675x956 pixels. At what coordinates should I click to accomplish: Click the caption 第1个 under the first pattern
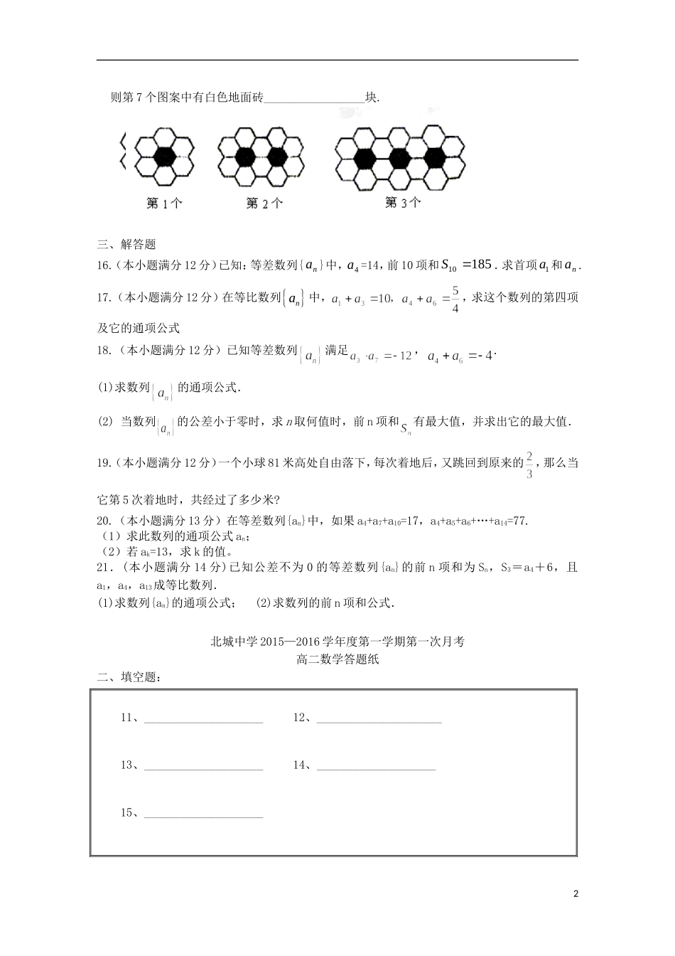(164, 203)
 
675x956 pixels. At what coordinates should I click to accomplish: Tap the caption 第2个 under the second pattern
(264, 203)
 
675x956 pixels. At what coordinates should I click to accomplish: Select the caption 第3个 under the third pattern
(403, 203)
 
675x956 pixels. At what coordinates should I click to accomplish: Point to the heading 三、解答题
(126, 244)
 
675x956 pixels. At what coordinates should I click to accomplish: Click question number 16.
(104, 265)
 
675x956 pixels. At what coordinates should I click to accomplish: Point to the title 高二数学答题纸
(337, 659)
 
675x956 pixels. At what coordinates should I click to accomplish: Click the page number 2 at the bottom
(576, 894)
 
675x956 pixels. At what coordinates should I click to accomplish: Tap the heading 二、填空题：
(129, 677)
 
